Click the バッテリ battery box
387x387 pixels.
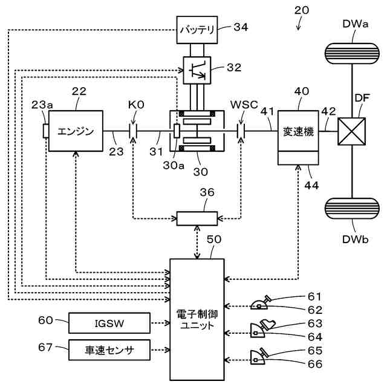(197, 29)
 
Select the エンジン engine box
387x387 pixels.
(76, 131)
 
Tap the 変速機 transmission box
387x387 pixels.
(299, 131)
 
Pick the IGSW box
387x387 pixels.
(109, 323)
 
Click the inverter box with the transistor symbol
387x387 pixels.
(197, 70)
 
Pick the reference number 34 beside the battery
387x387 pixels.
(241, 27)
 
